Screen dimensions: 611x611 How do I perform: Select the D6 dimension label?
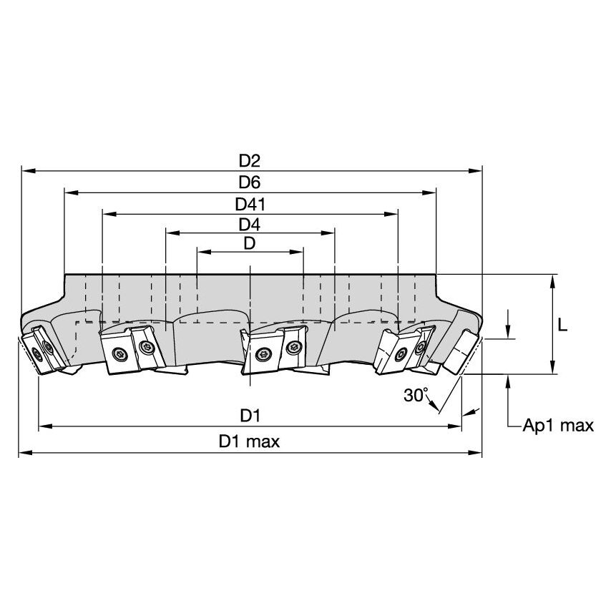250,182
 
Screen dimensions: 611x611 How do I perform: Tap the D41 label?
250,204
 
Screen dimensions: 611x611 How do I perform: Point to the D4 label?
250,223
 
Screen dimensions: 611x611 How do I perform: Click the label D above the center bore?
250,243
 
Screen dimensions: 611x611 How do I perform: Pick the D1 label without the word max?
250,415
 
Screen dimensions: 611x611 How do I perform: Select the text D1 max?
250,441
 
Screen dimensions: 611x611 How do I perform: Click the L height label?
562,325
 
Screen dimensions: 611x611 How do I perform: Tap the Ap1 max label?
558,426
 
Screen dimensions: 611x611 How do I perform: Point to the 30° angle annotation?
415,394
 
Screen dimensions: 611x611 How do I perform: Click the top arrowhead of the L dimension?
552,280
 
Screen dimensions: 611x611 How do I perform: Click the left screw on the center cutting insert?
262,352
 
